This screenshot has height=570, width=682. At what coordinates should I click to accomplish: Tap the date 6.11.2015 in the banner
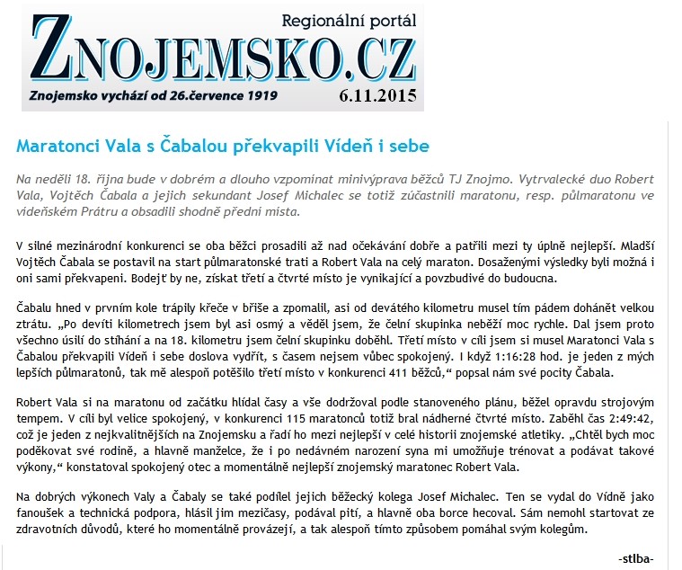pyautogui.click(x=378, y=94)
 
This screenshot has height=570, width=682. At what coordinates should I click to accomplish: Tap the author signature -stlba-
pyautogui.click(x=636, y=559)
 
